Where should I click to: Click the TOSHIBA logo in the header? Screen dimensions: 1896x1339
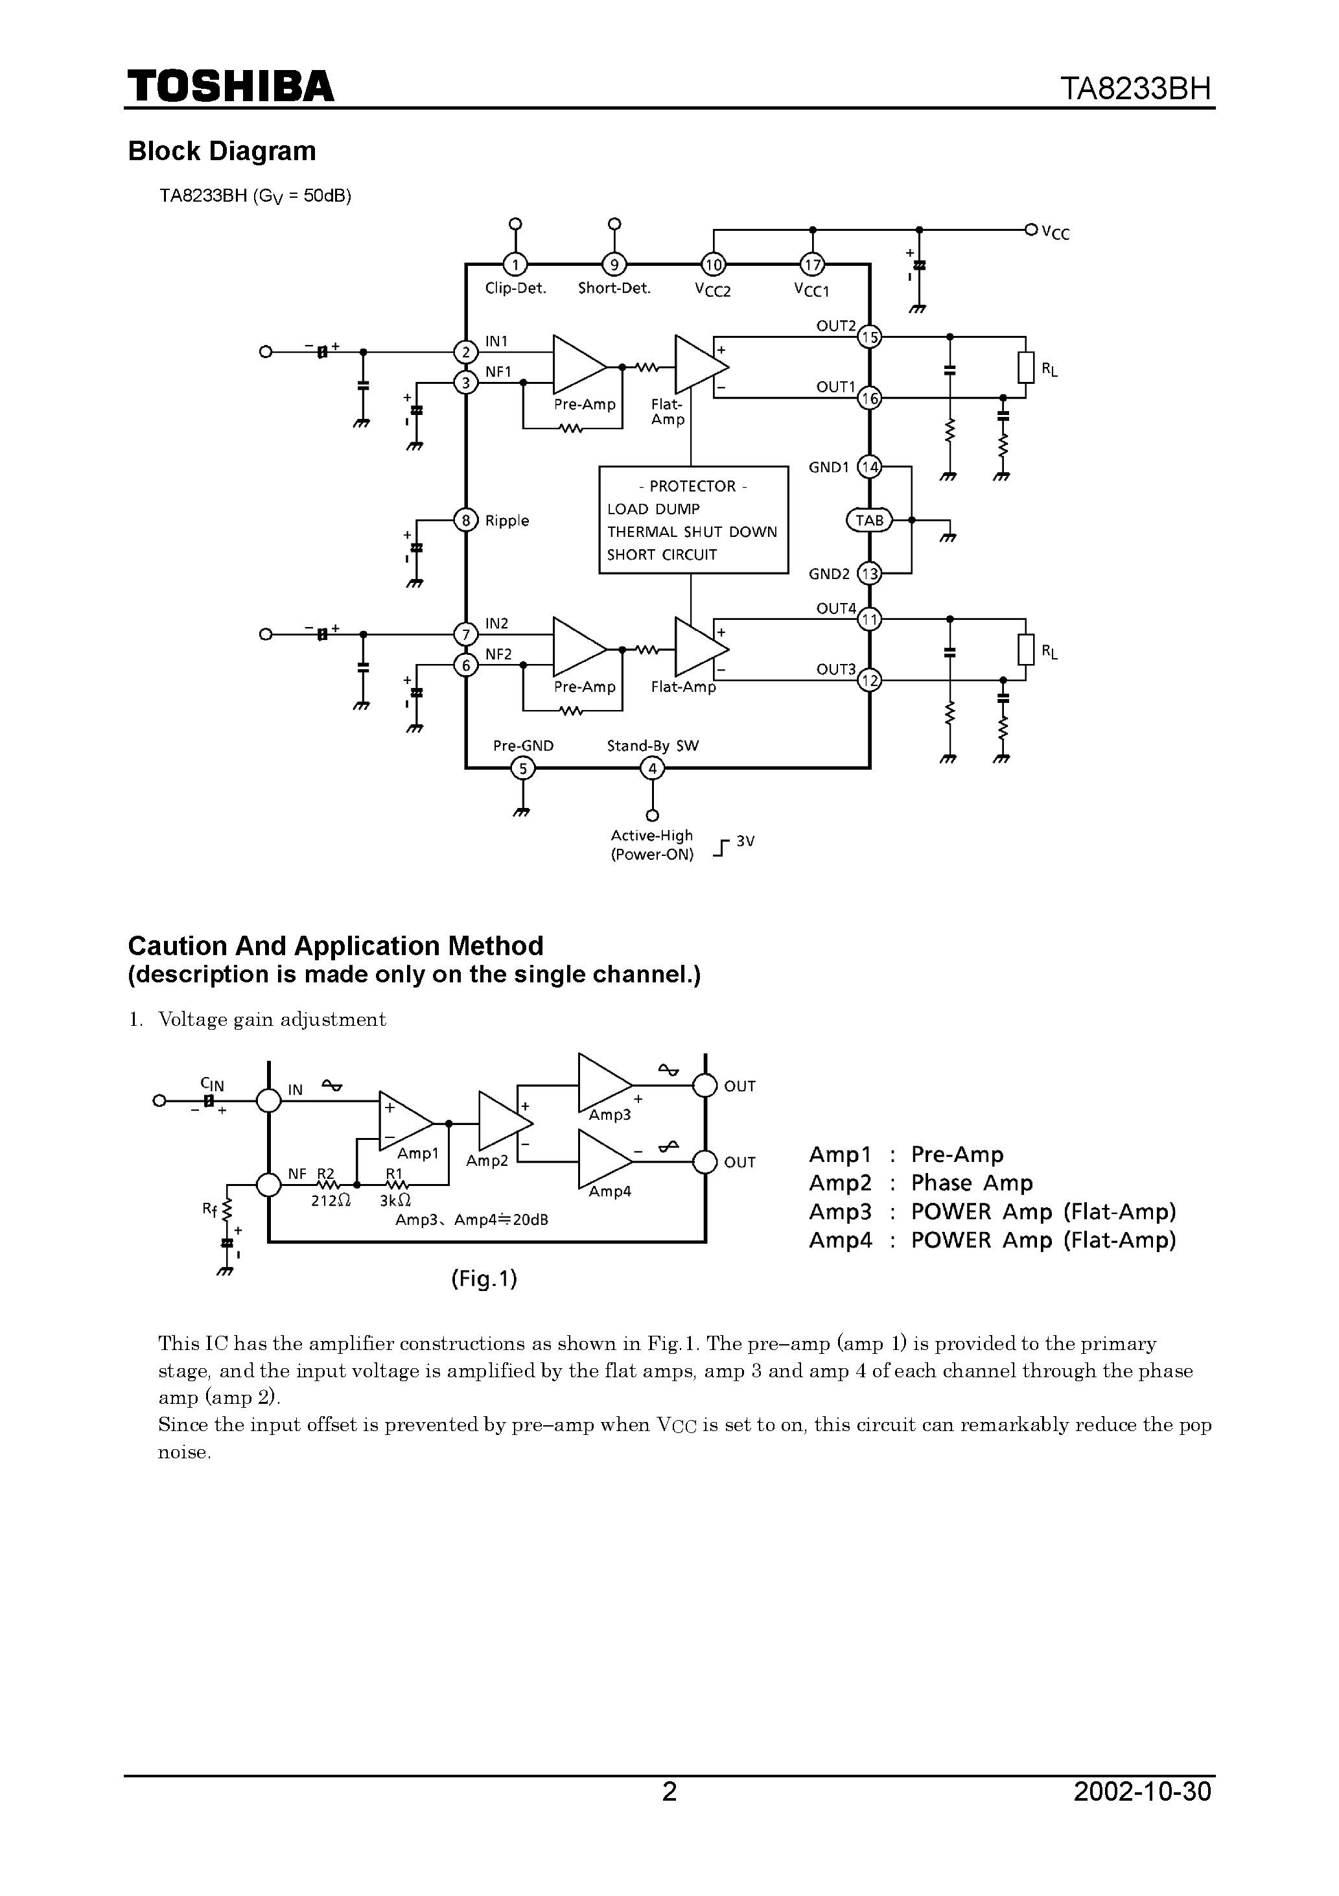(x=230, y=86)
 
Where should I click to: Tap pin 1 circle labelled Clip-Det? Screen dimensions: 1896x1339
(x=515, y=265)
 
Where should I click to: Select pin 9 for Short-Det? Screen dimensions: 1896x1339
(x=613, y=265)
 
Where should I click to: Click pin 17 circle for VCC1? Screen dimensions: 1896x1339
(x=812, y=265)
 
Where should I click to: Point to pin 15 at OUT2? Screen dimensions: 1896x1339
(x=869, y=337)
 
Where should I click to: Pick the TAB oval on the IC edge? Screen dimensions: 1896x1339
(x=869, y=520)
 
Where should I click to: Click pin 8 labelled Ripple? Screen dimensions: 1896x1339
(x=467, y=520)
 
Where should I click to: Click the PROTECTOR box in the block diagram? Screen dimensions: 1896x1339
(x=693, y=519)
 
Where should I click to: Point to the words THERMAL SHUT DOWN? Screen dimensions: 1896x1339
(x=692, y=532)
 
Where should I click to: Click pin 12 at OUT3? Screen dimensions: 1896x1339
(x=869, y=680)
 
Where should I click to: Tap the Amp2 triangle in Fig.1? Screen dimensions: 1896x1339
(x=504, y=1123)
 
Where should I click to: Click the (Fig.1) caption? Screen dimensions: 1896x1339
(x=483, y=1279)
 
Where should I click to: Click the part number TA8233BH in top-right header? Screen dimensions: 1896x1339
(x=1136, y=88)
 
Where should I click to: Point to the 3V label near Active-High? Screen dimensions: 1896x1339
(x=745, y=842)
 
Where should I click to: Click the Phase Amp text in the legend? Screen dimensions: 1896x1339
(x=972, y=1183)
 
